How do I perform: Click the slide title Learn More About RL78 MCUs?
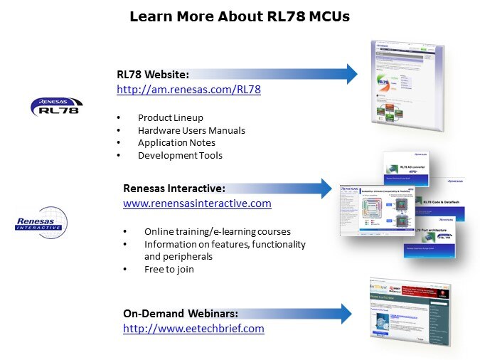[240, 16]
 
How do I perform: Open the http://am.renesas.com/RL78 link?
[188, 90]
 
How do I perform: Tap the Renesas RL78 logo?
[55, 106]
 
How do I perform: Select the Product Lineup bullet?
[170, 117]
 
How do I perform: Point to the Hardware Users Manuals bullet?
[191, 130]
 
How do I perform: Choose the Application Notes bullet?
[176, 142]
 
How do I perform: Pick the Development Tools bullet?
[180, 155]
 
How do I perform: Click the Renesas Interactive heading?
[174, 189]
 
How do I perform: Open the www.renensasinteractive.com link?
[197, 203]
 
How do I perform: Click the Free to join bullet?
[169, 270]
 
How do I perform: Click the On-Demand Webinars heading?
[181, 313]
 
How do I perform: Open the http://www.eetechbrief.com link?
[193, 329]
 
